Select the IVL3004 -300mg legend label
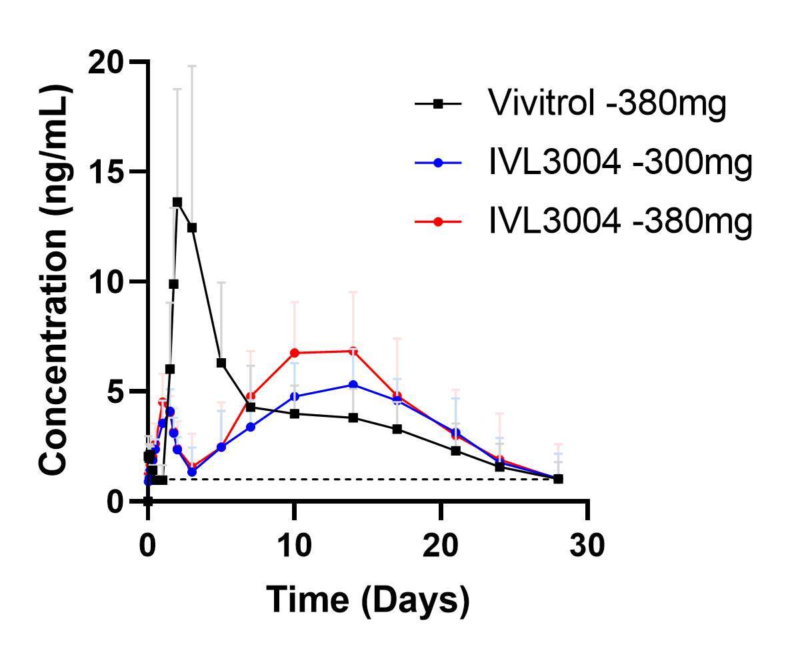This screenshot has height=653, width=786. tap(620, 163)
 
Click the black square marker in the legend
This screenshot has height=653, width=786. tap(438, 104)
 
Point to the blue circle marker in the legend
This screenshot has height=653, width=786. tap(438, 163)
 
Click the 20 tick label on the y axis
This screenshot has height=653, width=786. tap(107, 62)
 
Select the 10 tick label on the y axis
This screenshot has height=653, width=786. tap(107, 281)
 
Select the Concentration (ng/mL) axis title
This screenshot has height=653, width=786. tap(55, 281)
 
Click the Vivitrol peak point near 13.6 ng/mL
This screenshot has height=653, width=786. tap(177, 201)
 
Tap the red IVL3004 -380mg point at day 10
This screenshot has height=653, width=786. tap(294, 353)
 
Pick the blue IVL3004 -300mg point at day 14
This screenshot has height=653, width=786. tap(353, 385)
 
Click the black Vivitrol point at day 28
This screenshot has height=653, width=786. tap(558, 479)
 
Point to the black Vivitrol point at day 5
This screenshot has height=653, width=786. tap(221, 363)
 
